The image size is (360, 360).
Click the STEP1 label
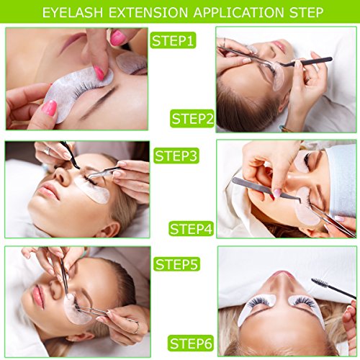point(173,40)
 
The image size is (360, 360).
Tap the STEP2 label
point(192,118)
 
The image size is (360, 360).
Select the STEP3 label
point(176,156)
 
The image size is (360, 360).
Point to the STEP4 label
point(192,228)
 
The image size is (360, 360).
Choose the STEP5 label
point(176,264)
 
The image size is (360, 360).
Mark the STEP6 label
point(191,343)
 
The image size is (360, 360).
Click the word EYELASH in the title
point(73,12)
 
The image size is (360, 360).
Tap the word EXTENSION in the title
point(148,12)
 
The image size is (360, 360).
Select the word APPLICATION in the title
point(238,12)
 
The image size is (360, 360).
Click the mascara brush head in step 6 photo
point(320,283)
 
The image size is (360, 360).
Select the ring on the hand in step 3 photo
point(47,150)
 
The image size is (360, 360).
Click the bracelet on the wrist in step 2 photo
point(286,128)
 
